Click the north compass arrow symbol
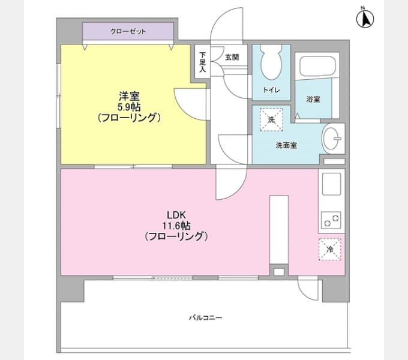pos(365,18)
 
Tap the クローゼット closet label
pos(128,31)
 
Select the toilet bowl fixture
pos(271,62)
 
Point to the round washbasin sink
pos(331,138)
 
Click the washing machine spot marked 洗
pos(271,119)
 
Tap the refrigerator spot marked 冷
pos(329,249)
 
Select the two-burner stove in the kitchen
pos(331,220)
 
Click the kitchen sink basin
pos(331,184)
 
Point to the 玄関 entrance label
pos(232,57)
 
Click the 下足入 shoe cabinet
pos(202,62)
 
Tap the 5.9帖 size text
pos(129,107)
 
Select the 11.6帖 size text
pos(176,226)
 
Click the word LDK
pos(176,215)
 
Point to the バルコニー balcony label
pos(206,317)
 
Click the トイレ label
pos(271,90)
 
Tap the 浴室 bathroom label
pos(313,99)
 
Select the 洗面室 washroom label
pos(286,145)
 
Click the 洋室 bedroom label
pos(129,96)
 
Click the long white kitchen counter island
pos(279,230)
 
